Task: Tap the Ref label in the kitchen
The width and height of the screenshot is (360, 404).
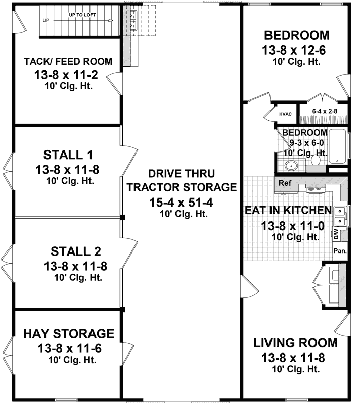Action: click(285, 184)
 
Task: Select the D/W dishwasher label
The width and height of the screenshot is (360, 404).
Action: click(336, 234)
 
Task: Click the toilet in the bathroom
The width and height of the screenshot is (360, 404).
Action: click(314, 160)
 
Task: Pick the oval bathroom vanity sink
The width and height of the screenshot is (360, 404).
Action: click(290, 166)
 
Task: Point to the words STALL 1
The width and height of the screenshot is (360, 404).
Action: click(68, 154)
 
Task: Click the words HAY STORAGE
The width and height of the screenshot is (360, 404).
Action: click(68, 334)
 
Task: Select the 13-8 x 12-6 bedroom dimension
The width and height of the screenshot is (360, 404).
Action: click(297, 50)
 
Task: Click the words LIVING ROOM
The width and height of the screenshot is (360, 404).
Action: click(295, 343)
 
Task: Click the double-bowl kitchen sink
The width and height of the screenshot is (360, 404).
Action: click(341, 216)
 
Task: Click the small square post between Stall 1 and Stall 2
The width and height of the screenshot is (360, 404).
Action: click(122, 217)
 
